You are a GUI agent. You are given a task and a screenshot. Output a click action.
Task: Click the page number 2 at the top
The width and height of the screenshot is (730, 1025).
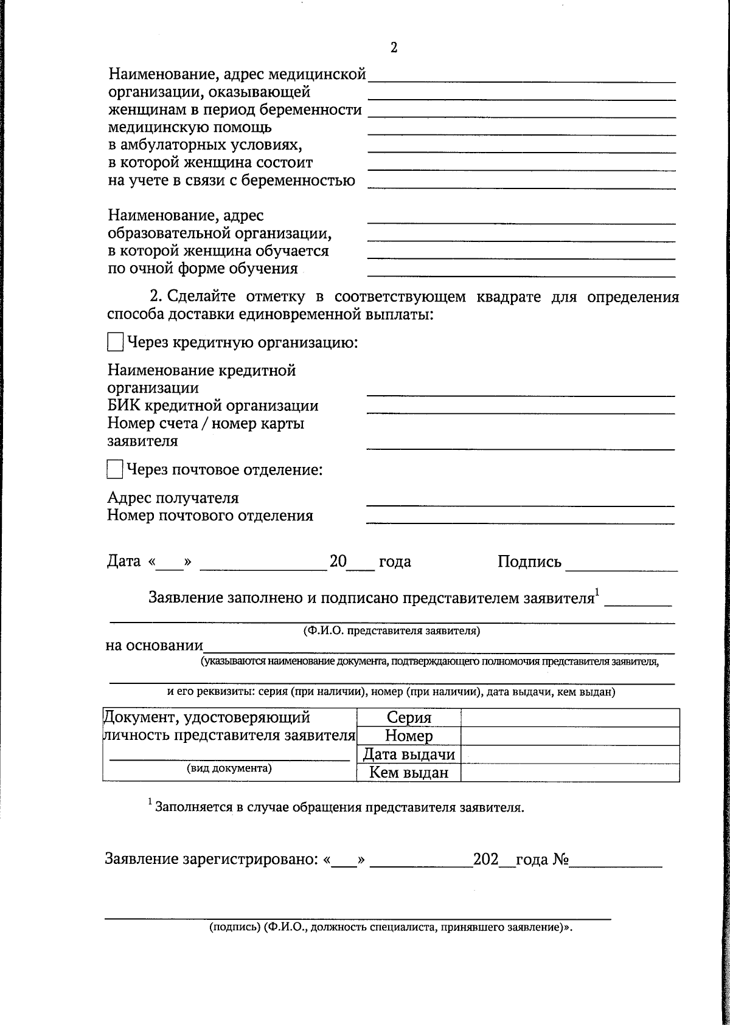(x=394, y=48)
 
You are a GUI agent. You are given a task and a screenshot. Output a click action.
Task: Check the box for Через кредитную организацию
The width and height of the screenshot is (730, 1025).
(x=115, y=342)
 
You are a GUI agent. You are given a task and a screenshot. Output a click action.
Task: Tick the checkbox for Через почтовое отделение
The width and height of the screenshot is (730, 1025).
(x=115, y=470)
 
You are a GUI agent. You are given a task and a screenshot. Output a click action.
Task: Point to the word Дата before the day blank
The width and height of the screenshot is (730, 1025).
(x=124, y=561)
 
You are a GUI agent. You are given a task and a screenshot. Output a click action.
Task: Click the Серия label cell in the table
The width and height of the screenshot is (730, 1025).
(x=409, y=718)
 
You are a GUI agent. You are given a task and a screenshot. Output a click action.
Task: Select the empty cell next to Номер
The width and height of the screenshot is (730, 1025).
(x=569, y=736)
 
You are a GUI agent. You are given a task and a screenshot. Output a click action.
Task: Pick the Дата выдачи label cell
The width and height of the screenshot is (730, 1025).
(x=409, y=754)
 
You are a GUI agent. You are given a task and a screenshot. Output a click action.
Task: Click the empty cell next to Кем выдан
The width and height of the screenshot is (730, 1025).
(x=569, y=773)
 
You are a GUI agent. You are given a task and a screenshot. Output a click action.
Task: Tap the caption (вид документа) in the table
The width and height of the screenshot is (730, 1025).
(x=229, y=768)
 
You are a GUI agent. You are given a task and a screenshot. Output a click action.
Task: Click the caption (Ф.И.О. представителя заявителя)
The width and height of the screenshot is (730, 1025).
(x=392, y=631)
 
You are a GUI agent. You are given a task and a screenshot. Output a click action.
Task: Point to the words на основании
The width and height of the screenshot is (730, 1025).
(x=154, y=645)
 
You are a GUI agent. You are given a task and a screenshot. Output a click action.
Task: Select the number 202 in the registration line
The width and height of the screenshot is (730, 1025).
(x=485, y=859)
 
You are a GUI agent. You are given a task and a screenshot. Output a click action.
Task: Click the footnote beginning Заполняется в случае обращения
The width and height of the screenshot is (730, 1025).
(x=339, y=807)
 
